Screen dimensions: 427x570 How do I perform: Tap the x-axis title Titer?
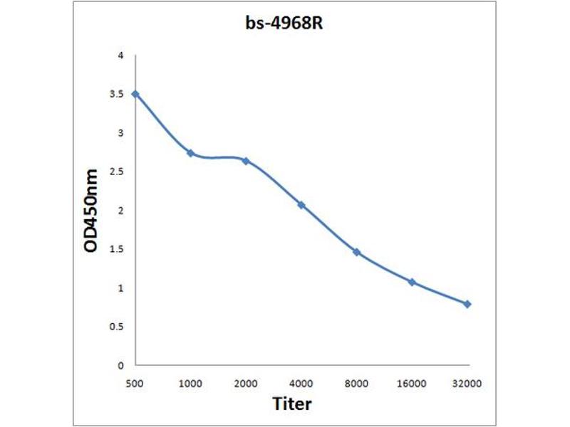pyautogui.click(x=292, y=404)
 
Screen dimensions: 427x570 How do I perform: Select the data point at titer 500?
pyautogui.click(x=135, y=94)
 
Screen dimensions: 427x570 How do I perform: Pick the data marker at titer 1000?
pyautogui.click(x=190, y=153)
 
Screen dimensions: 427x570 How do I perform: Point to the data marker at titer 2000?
pyautogui.click(x=246, y=161)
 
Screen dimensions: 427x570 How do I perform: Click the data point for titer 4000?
pyautogui.click(x=301, y=205)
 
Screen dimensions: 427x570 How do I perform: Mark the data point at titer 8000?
pyautogui.click(x=356, y=252)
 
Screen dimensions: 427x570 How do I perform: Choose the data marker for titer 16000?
pyautogui.click(x=412, y=282)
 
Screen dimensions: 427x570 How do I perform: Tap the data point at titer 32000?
pyautogui.click(x=467, y=304)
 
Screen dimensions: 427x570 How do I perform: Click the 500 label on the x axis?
pyautogui.click(x=135, y=384)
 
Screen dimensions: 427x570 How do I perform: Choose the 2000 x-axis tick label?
pyautogui.click(x=246, y=384)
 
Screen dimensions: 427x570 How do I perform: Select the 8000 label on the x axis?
pyautogui.click(x=356, y=384)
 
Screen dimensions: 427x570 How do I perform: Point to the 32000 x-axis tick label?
pyautogui.click(x=467, y=384)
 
